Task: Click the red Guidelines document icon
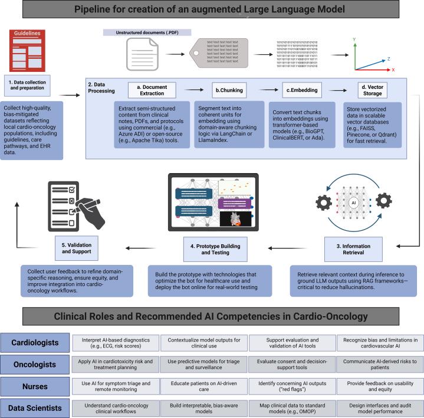pyautogui.click(x=27, y=51)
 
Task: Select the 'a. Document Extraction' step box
pyautogui.click(x=152, y=89)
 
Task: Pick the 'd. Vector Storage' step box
pyautogui.click(x=376, y=89)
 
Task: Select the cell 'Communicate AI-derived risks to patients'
pyautogui.click(x=379, y=364)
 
